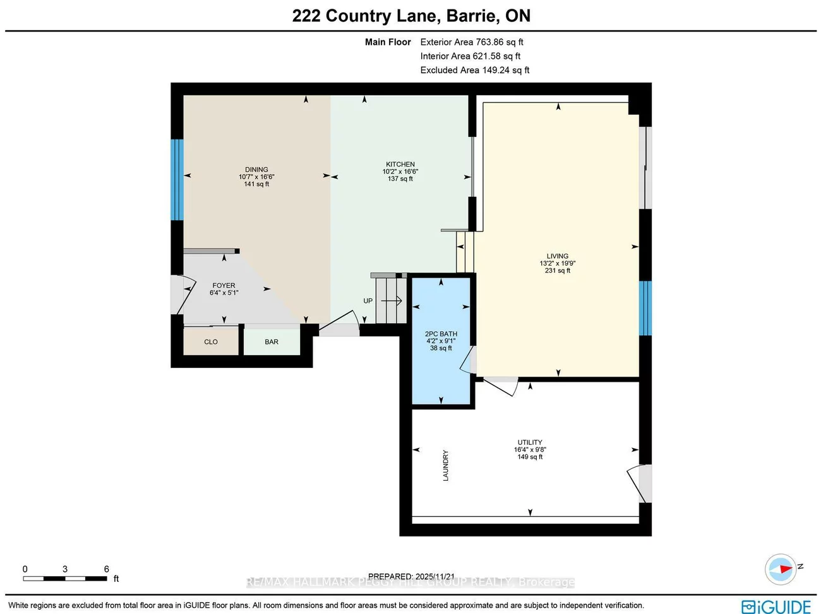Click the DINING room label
(x=256, y=170)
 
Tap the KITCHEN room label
(x=400, y=165)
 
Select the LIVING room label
(x=557, y=256)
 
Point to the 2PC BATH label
(x=441, y=334)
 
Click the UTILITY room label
(x=530, y=442)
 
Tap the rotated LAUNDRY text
(x=446, y=466)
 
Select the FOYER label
(x=224, y=286)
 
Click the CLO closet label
(x=211, y=342)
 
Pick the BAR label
(x=272, y=342)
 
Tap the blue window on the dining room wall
(x=177, y=180)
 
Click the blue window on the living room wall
(x=645, y=308)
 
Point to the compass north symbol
(x=781, y=569)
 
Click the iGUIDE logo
(x=776, y=606)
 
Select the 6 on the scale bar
(x=107, y=569)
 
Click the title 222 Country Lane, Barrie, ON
(x=411, y=16)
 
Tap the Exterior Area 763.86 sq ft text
(x=472, y=42)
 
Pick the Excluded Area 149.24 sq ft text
(x=475, y=70)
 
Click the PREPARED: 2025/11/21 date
(x=411, y=576)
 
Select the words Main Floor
(x=388, y=42)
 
